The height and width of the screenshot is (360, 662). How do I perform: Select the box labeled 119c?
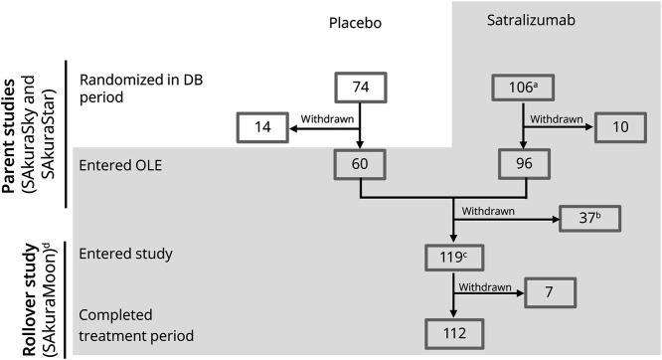pyautogui.click(x=454, y=258)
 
